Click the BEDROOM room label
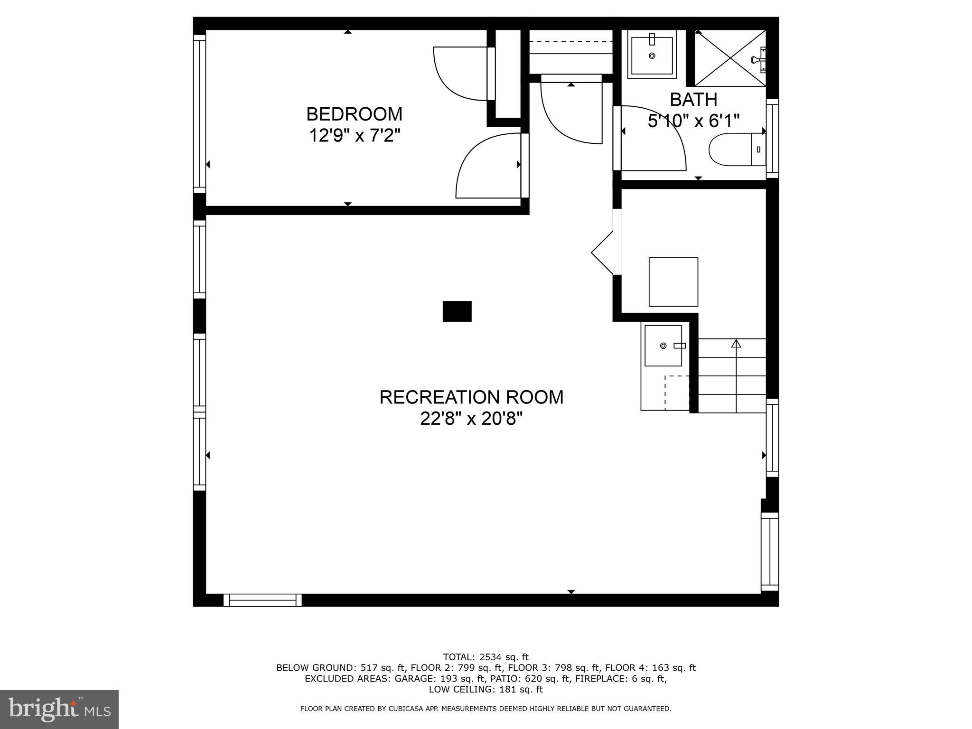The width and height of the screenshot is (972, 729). point(354,114)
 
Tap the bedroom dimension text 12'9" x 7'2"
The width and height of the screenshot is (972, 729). point(354,136)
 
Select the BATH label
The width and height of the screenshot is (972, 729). point(693,100)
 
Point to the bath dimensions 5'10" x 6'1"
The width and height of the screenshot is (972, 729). point(693,121)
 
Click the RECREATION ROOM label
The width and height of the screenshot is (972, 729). point(471,397)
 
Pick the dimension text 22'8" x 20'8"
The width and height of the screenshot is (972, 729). point(471,419)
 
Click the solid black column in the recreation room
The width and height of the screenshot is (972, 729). point(457,311)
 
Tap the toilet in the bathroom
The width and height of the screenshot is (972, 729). point(736,150)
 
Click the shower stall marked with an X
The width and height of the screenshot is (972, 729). point(729,58)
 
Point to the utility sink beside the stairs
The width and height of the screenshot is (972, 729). point(663,346)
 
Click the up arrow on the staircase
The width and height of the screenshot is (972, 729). point(736,344)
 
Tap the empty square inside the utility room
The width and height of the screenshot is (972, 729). point(673,282)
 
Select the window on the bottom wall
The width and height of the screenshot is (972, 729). point(262,600)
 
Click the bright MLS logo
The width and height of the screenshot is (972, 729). point(59,710)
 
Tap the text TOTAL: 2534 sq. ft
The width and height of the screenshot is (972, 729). point(486,657)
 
